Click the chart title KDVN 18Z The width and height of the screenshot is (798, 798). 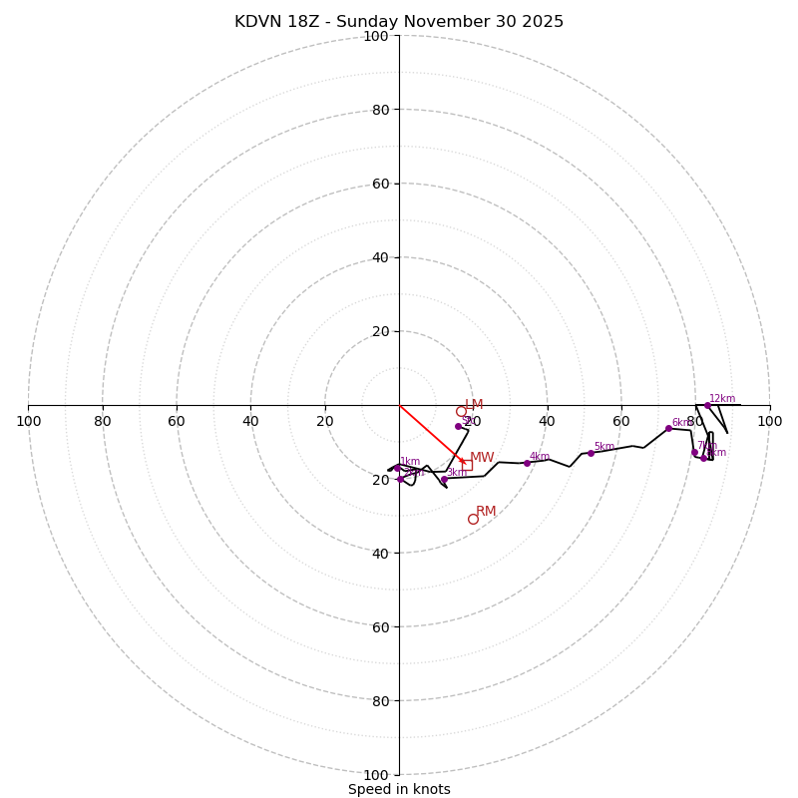click(x=399, y=22)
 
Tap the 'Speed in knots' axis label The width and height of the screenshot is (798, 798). click(x=399, y=789)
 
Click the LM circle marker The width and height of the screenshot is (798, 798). click(x=461, y=411)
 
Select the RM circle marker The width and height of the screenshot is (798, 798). click(x=473, y=519)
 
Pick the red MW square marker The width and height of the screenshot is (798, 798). click(x=466, y=464)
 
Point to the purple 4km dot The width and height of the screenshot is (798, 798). click(x=527, y=463)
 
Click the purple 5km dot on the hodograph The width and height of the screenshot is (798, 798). click(x=591, y=453)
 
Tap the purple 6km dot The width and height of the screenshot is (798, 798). click(x=668, y=428)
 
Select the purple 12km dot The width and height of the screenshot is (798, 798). click(x=707, y=405)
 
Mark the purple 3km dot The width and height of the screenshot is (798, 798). click(x=444, y=479)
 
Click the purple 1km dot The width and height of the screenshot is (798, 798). click(x=396, y=468)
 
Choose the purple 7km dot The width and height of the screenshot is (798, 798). click(x=694, y=452)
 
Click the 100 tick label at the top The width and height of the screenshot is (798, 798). click(x=375, y=36)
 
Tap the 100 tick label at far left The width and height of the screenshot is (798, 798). click(x=29, y=421)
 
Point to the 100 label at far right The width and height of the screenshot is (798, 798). click(x=769, y=421)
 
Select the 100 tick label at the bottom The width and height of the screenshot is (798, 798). click(x=375, y=775)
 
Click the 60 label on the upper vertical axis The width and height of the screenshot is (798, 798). click(x=379, y=184)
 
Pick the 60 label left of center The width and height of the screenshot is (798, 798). click(x=177, y=421)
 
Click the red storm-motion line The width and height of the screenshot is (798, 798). click(x=429, y=433)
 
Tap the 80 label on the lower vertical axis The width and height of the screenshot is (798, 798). click(x=379, y=701)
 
